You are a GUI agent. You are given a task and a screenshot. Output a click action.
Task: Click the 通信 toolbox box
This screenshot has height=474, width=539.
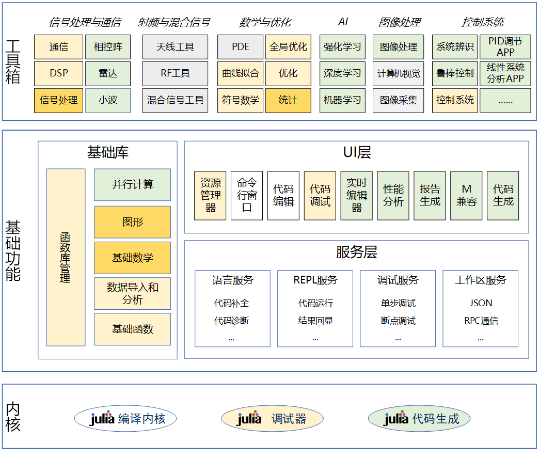click(58, 47)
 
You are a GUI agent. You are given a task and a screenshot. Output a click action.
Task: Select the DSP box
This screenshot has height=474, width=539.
click(58, 73)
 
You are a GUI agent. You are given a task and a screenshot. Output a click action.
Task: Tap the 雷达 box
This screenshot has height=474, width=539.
click(108, 73)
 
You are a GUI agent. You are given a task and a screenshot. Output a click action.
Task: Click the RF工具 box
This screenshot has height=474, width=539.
click(175, 73)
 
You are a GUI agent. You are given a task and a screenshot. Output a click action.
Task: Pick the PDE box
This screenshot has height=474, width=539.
click(240, 47)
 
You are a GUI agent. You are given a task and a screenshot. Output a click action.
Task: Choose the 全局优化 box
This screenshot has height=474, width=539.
click(288, 47)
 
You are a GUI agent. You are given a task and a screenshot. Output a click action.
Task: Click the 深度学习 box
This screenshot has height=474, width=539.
click(342, 73)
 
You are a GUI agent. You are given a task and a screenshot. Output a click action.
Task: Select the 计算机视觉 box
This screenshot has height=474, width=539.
click(398, 73)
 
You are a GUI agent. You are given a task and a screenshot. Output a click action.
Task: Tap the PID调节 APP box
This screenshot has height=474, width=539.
click(505, 47)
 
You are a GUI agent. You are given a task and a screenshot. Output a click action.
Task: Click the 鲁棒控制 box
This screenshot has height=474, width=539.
click(454, 73)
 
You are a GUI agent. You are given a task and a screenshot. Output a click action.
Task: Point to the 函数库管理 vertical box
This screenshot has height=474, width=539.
click(66, 257)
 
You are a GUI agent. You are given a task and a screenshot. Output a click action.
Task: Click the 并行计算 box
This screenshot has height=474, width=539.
click(132, 184)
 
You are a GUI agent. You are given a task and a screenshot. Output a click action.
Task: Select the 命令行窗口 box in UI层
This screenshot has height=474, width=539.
click(247, 196)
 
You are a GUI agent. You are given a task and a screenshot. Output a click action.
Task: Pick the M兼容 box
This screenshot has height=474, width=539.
click(466, 196)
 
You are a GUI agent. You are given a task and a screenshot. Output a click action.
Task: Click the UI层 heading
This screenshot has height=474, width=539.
click(357, 153)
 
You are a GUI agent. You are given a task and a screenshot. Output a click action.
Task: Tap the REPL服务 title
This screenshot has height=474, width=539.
click(315, 280)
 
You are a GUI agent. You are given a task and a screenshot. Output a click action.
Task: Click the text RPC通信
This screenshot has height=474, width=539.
click(481, 321)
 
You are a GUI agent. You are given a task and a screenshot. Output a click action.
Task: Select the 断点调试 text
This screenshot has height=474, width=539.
click(398, 321)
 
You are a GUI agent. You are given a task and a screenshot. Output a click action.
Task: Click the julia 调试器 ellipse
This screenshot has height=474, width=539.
click(272, 419)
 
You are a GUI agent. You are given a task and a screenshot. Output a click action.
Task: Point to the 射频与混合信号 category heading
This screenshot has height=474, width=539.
click(174, 22)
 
